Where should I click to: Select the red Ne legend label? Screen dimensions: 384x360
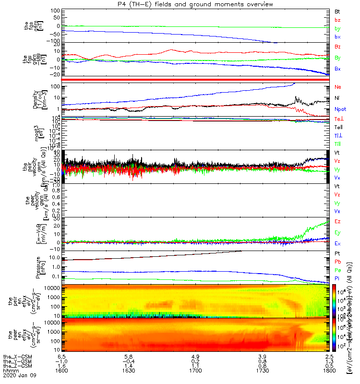(x=337, y=87)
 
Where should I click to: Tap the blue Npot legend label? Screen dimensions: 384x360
(x=340, y=109)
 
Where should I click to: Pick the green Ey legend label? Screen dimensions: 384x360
(x=337, y=232)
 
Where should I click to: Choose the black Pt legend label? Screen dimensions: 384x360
(x=337, y=253)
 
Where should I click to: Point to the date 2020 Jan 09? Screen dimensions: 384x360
(x=18, y=376)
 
